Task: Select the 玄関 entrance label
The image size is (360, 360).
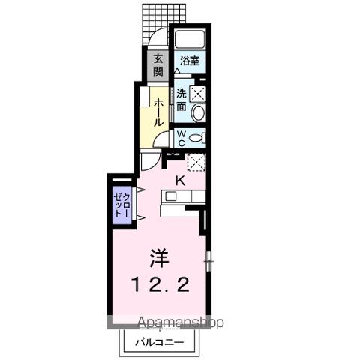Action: (x=158, y=65)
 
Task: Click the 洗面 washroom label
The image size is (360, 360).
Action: (x=182, y=101)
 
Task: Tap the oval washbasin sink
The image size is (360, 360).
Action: (x=197, y=113)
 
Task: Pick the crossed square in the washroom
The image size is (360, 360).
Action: (x=197, y=94)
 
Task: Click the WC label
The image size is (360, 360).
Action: (x=181, y=138)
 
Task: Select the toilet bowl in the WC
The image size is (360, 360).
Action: (x=196, y=138)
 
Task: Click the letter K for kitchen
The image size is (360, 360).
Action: (x=180, y=180)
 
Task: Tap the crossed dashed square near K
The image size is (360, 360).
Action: (x=196, y=162)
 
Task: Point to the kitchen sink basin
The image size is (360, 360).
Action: (x=170, y=196)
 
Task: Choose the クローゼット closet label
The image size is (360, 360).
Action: (x=121, y=202)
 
